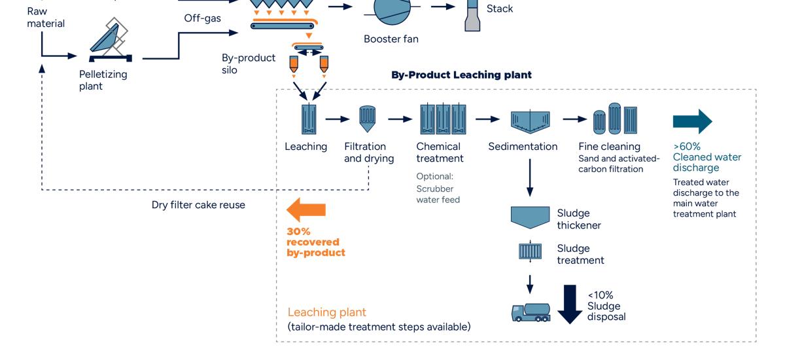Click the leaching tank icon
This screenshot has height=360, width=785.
tap(308, 120)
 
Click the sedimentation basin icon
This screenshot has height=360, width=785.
tap(529, 120)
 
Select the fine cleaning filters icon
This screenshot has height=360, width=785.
tap(615, 119)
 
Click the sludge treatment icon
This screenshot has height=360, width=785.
tap(530, 251)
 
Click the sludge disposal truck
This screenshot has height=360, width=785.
tap(531, 312)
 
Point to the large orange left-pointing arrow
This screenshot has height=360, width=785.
tap(306, 209)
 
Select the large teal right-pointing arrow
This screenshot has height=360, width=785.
tap(692, 121)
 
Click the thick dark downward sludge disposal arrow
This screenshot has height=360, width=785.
tap(570, 304)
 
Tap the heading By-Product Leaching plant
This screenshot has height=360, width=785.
tap(461, 75)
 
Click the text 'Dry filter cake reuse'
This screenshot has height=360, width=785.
tap(198, 205)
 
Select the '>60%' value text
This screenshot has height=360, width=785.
tap(686, 147)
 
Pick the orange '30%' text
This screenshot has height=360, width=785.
tap(298, 231)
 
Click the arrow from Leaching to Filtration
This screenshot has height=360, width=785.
tap(338, 119)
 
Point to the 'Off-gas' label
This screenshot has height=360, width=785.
tap(202, 18)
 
